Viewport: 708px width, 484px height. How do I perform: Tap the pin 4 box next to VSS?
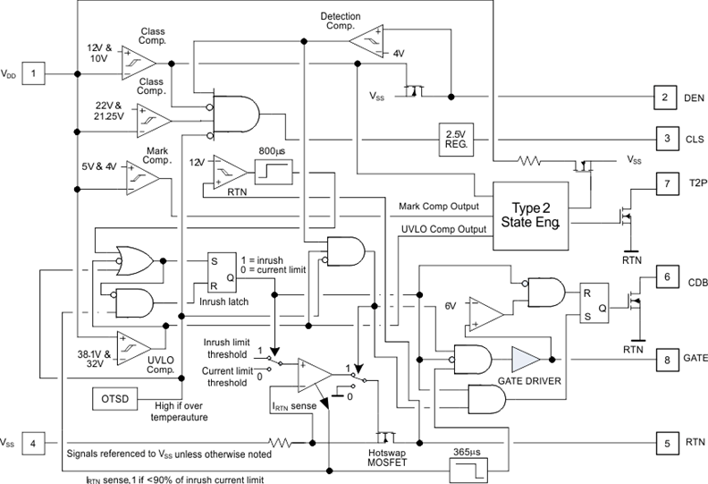click(34, 441)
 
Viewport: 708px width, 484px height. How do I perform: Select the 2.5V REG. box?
click(453, 138)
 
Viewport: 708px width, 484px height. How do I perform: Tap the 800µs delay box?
click(272, 172)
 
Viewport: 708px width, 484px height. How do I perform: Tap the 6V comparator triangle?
click(486, 314)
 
